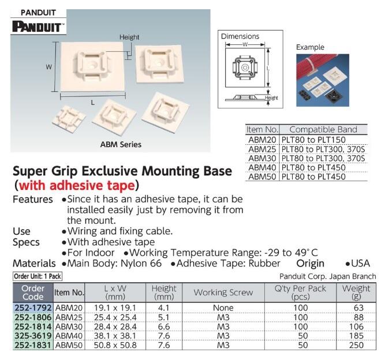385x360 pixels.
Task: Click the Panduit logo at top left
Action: pos(39,26)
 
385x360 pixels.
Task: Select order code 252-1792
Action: pos(32,307)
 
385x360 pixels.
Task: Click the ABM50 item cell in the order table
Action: pos(69,345)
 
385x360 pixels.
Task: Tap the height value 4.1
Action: pos(163,307)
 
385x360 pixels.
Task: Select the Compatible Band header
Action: pos(323,129)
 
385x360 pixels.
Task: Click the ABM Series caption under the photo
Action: pos(121,145)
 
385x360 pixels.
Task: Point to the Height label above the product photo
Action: pos(129,37)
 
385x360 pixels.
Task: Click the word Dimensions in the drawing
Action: pos(240,36)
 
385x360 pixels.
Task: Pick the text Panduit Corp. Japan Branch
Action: pos(327,276)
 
